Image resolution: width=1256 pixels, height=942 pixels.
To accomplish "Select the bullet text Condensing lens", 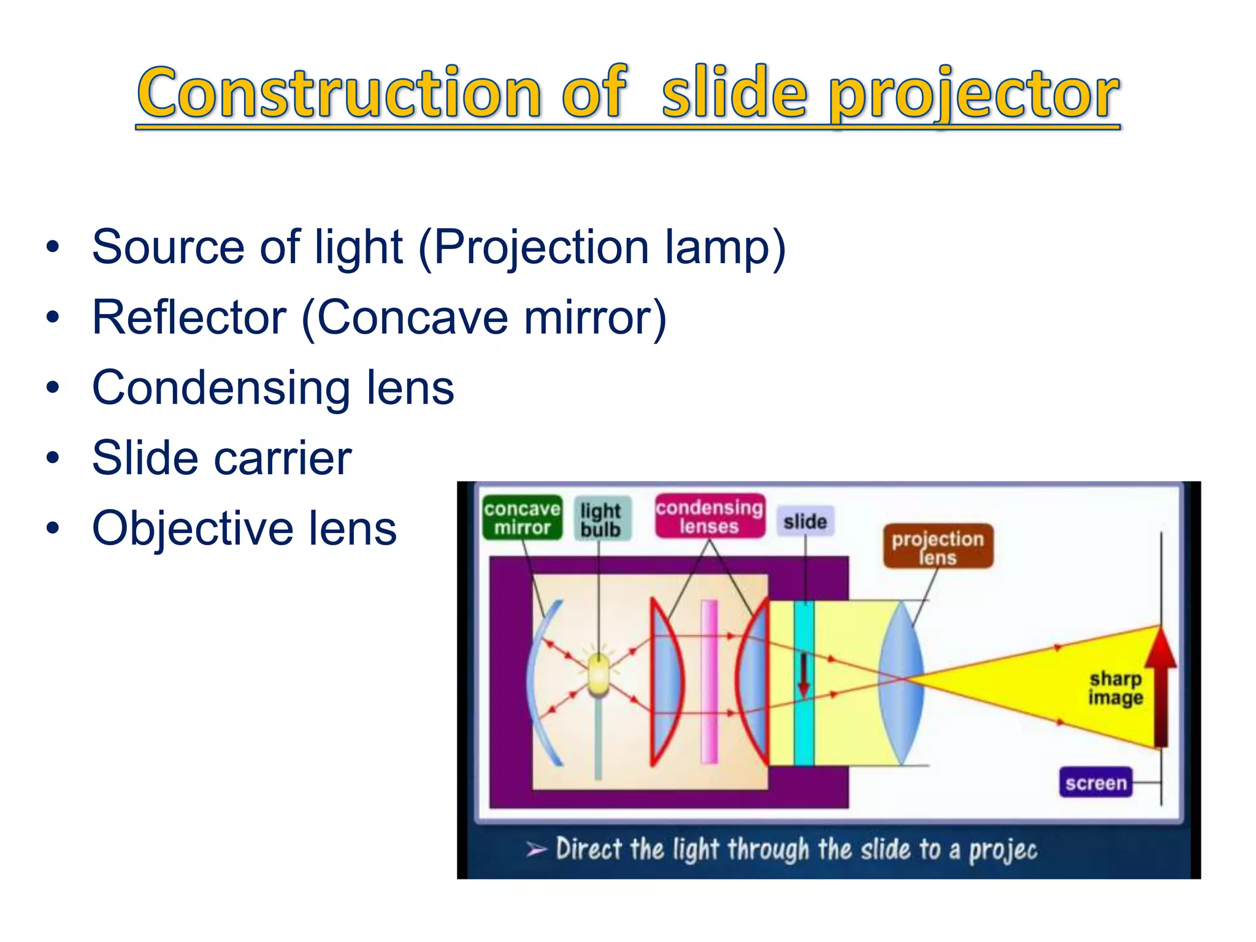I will [273, 388].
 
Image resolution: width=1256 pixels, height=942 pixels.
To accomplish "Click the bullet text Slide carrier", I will [221, 458].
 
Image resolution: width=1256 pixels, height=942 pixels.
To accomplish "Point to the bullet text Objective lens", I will [244, 528].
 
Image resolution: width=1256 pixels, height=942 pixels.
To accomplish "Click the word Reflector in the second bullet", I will [189, 317].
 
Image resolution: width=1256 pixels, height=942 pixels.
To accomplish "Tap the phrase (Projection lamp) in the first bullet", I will [602, 247].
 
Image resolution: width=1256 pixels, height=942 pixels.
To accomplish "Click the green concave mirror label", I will [522, 518].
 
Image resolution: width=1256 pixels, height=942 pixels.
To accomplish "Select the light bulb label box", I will [601, 519].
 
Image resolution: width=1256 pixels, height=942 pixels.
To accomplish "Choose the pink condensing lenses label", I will [709, 516].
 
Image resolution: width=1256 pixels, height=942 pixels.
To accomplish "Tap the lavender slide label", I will [805, 521].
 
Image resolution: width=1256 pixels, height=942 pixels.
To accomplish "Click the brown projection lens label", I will [937, 546].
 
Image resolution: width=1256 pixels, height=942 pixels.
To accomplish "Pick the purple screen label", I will [1096, 783].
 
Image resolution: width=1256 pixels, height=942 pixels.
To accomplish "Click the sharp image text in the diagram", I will [1116, 688].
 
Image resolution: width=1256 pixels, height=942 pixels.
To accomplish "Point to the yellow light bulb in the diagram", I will [599, 675].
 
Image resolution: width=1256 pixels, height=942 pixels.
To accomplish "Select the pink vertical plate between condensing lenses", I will [709, 681].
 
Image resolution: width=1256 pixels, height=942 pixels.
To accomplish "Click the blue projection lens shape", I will [902, 681].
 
